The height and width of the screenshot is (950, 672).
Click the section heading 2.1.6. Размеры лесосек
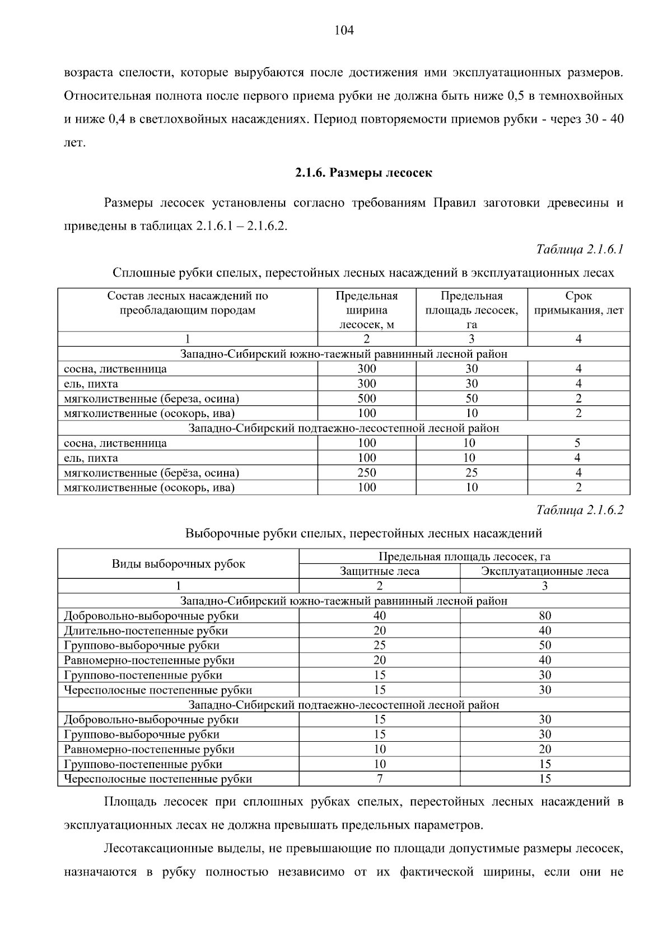click(x=363, y=173)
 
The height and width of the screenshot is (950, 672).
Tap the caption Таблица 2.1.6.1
click(x=580, y=249)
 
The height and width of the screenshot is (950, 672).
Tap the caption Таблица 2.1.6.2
click(x=580, y=510)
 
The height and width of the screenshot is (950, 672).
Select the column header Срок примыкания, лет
click(x=578, y=303)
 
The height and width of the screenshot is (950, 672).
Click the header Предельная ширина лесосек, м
click(x=367, y=310)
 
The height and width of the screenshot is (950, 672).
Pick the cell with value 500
click(x=367, y=399)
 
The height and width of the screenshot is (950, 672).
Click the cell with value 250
click(x=367, y=472)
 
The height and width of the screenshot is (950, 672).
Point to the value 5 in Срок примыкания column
click(x=578, y=443)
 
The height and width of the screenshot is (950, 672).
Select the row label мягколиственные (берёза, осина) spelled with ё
click(x=152, y=472)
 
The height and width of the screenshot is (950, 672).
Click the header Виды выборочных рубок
click(x=178, y=564)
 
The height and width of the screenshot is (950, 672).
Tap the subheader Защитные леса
click(x=380, y=571)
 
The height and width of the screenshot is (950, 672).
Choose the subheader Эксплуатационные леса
click(x=545, y=571)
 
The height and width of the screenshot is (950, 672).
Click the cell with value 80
click(x=545, y=616)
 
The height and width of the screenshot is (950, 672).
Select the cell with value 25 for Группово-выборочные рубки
click(x=380, y=645)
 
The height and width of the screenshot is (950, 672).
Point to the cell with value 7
click(x=380, y=779)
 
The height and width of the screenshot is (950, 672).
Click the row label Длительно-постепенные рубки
click(x=146, y=631)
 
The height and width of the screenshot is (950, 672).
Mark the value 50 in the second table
click(x=545, y=645)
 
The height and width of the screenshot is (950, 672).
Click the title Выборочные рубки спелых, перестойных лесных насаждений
click(x=363, y=534)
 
